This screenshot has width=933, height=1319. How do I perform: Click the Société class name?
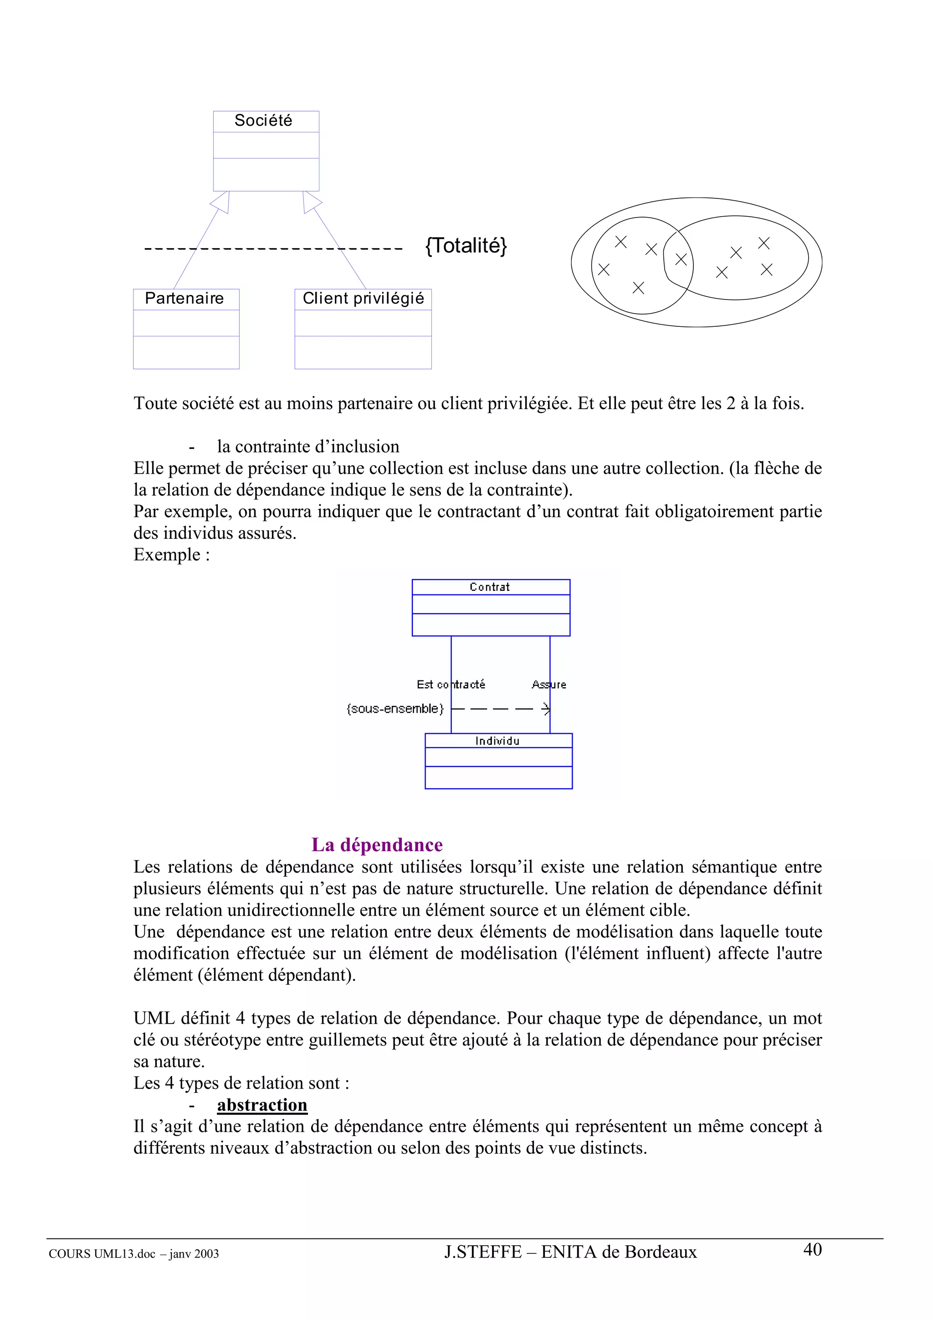pos(263,121)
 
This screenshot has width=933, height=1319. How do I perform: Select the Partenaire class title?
pos(184,298)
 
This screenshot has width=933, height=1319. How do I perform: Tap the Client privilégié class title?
pos(363,298)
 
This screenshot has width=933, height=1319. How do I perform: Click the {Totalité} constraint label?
pos(466,245)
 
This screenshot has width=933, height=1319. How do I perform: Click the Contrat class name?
pos(489,587)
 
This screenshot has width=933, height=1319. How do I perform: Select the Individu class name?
pos(497,741)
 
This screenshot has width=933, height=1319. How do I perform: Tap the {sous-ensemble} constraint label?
pos(395,709)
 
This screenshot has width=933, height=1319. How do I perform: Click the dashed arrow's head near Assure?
pos(546,709)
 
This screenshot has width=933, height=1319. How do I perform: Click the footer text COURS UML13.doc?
pos(102,1254)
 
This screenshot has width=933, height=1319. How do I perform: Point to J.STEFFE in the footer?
pos(482,1253)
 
